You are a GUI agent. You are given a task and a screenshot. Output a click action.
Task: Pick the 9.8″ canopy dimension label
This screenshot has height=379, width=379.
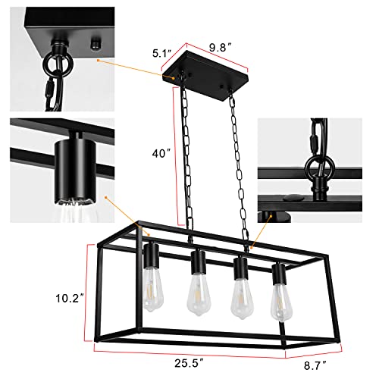(x=220, y=45)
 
